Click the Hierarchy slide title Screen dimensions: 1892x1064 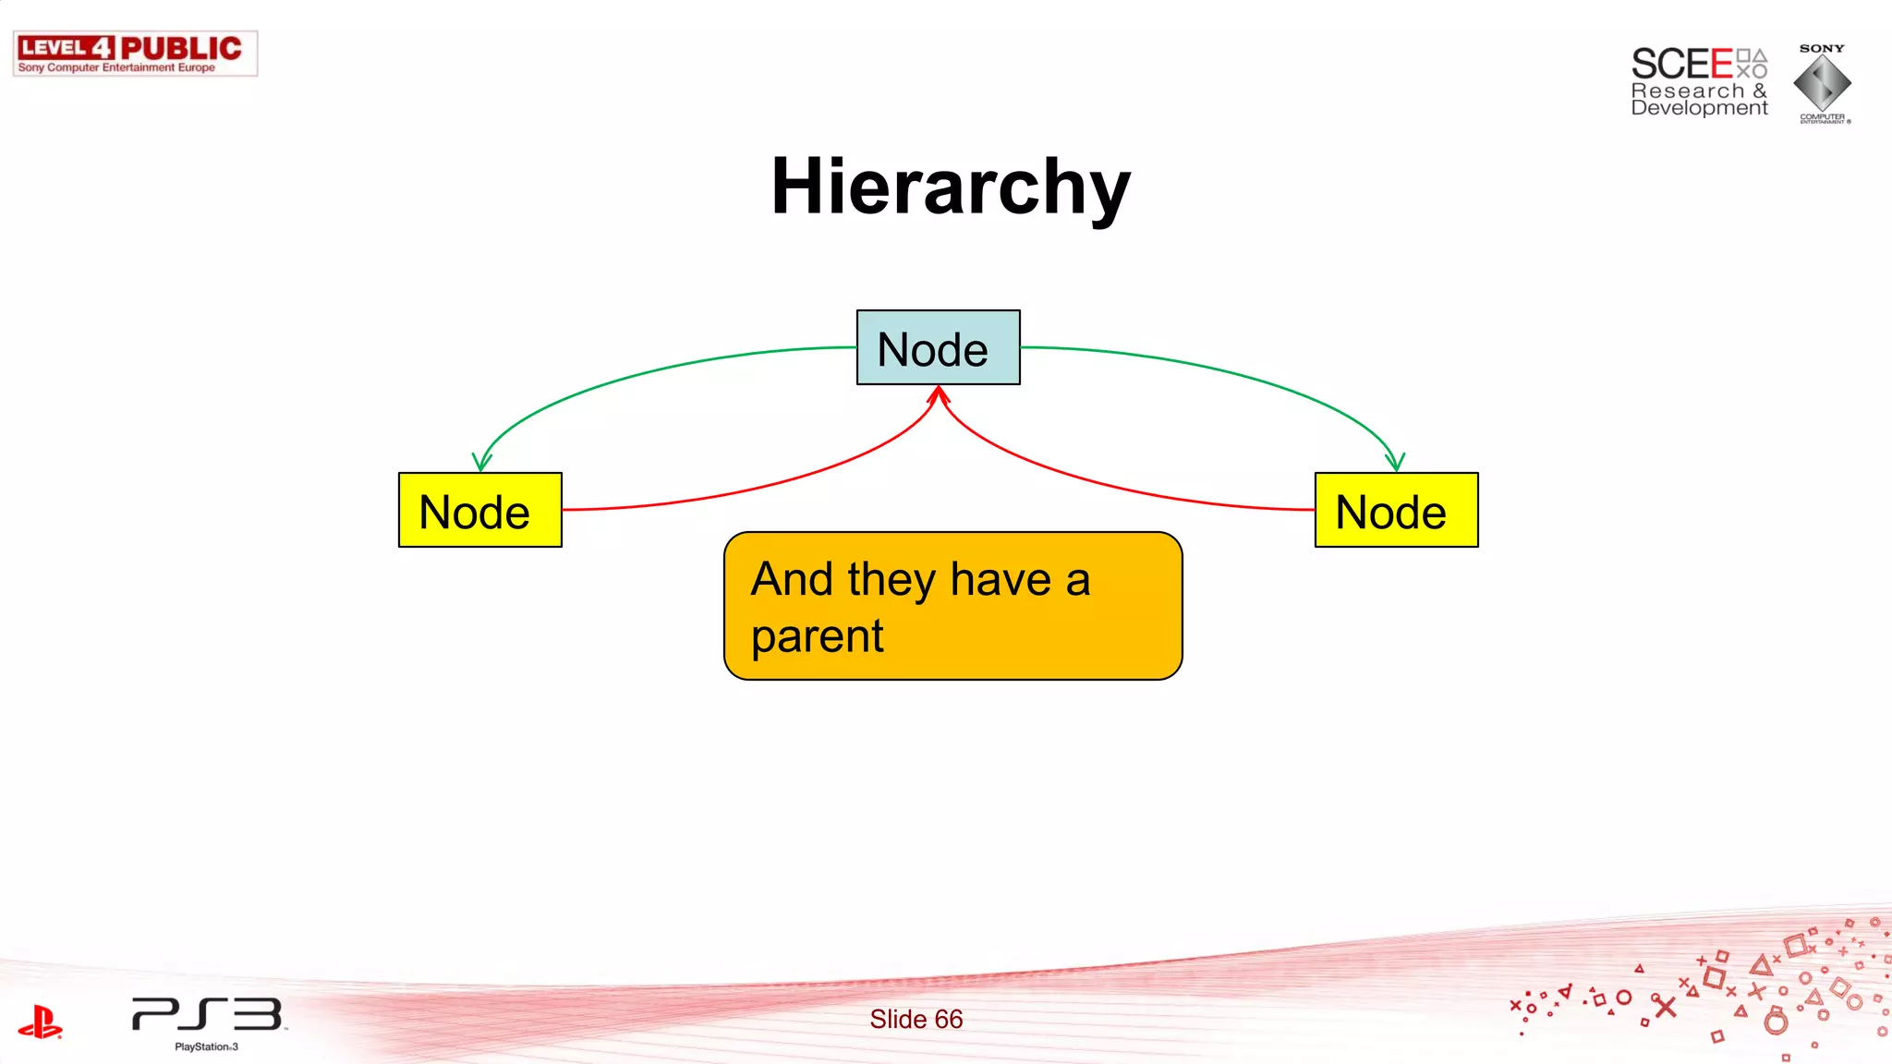[951, 187]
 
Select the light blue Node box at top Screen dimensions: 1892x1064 [938, 348]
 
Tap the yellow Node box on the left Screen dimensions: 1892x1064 [479, 511]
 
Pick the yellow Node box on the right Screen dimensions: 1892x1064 [1396, 511]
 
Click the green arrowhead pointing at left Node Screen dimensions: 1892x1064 [480, 462]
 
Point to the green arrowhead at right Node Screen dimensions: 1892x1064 [1395, 462]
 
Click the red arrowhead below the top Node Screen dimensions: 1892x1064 [939, 395]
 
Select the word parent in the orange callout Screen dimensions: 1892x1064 [817, 636]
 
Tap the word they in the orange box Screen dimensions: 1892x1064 [891, 580]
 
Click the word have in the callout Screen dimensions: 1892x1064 [1001, 580]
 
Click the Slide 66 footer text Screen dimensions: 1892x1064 [916, 1019]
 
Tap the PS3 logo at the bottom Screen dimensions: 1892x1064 [207, 1014]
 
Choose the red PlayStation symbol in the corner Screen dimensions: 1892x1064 [40, 1022]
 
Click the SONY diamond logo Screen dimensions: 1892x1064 [1822, 83]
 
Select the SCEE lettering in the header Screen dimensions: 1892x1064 [1681, 65]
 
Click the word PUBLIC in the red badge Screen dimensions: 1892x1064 [181, 48]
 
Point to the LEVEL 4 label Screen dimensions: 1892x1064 [66, 48]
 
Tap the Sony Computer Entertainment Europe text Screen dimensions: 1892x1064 [116, 67]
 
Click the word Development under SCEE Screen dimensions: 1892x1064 [1699, 108]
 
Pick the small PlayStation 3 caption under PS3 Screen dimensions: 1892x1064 [206, 1046]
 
